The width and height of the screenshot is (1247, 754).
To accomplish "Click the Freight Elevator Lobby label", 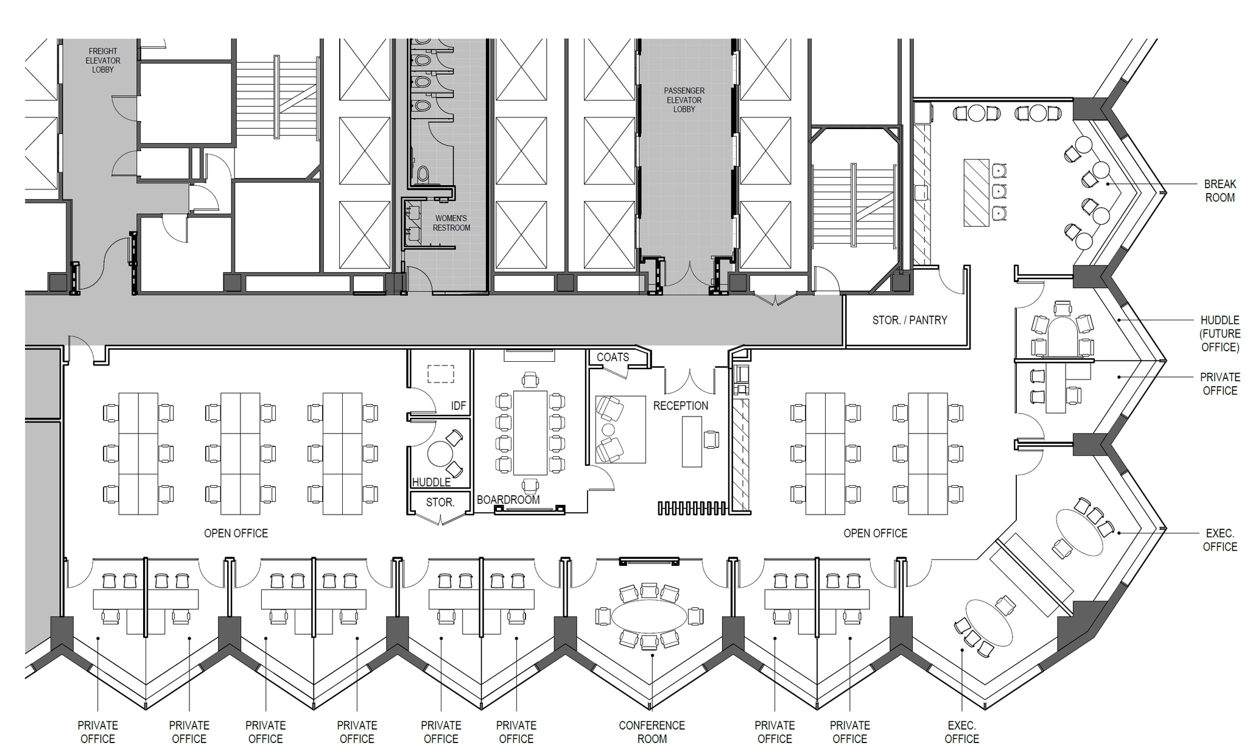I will click(x=103, y=60).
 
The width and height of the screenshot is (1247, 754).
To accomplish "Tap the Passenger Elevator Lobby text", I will click(x=684, y=100).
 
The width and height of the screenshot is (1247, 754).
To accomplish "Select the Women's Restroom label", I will click(x=451, y=223).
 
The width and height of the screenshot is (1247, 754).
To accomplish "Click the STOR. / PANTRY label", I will click(x=910, y=320).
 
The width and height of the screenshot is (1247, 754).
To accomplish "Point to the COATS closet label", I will click(x=613, y=357).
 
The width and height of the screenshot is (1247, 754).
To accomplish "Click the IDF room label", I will click(x=458, y=406).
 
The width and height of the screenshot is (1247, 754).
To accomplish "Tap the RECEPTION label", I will click(x=681, y=406).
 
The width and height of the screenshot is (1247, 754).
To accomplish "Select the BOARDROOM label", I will click(x=508, y=500).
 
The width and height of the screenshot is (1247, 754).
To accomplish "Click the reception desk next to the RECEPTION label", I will click(x=692, y=442).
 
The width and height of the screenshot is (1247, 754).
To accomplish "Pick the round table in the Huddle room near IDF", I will click(x=440, y=454).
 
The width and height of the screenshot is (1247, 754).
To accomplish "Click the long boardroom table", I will click(x=530, y=432).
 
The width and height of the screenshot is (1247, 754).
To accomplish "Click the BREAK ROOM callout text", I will click(x=1220, y=191).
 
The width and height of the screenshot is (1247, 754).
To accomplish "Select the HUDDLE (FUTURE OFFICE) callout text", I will click(x=1220, y=333).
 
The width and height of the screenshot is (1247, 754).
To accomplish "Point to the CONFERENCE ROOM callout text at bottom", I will click(x=652, y=732).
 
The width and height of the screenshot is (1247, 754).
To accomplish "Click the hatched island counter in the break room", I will click(x=976, y=192).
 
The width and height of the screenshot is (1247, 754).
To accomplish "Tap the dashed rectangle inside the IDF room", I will click(x=441, y=373).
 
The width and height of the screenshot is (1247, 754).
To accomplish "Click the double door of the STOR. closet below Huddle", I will click(x=440, y=518).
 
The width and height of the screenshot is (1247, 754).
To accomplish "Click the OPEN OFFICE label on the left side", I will click(x=236, y=534).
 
